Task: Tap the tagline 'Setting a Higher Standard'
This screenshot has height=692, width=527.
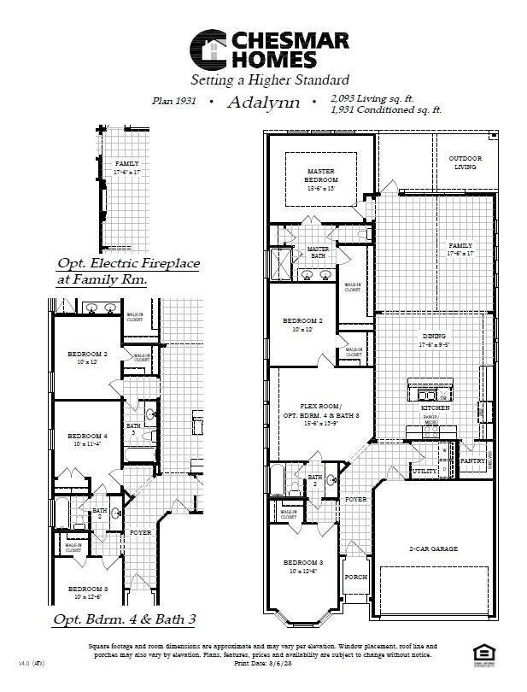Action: tap(269, 81)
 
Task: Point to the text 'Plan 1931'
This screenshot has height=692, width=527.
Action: tap(173, 102)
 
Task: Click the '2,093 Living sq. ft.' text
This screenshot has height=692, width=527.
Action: tap(377, 99)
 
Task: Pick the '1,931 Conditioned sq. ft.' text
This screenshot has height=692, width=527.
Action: tap(385, 110)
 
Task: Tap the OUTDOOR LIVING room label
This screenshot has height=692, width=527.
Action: tap(466, 162)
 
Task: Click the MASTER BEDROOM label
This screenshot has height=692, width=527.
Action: tap(322, 175)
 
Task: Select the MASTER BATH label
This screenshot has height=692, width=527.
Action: tap(317, 252)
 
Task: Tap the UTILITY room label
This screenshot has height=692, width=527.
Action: tap(425, 471)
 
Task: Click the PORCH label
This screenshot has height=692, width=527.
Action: tap(356, 577)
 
